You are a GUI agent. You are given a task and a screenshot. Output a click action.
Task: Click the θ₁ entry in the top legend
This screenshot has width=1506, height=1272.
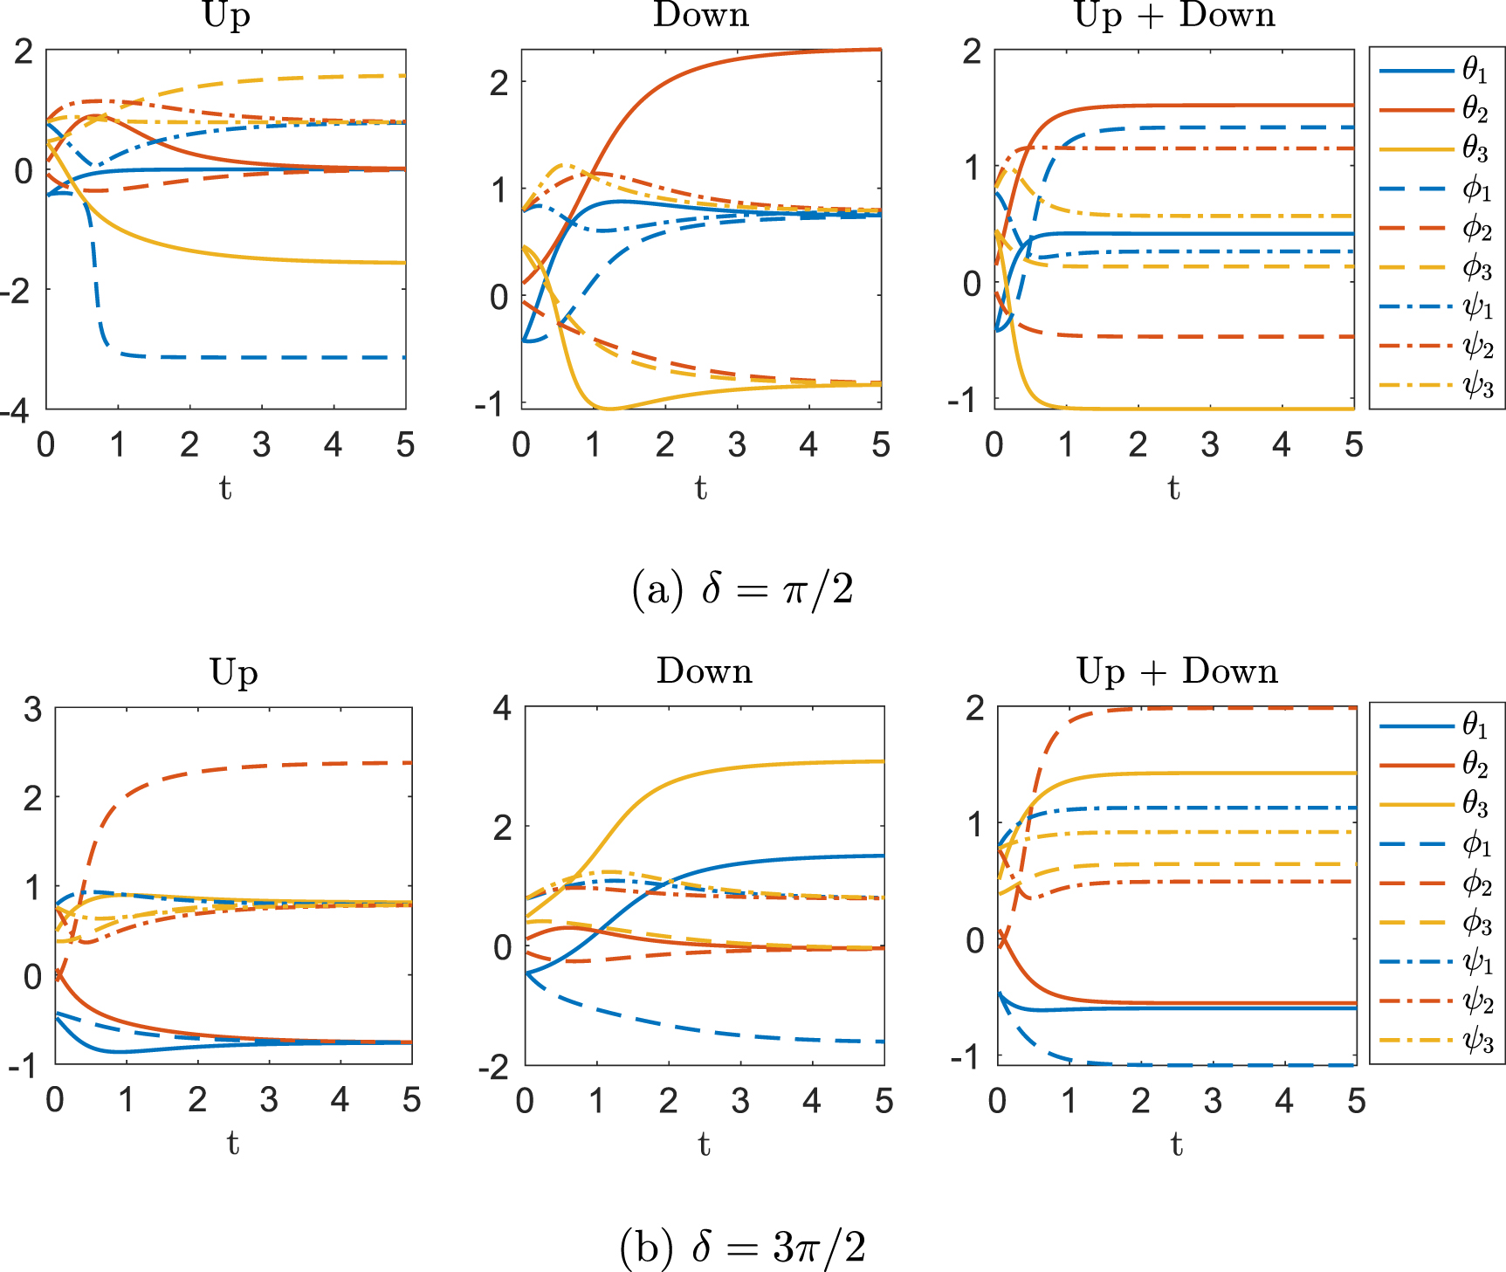point(1436,70)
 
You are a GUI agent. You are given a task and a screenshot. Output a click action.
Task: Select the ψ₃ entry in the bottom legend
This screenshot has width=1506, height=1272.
point(1436,1042)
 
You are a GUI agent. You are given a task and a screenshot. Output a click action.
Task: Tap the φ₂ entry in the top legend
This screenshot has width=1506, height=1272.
point(1436,229)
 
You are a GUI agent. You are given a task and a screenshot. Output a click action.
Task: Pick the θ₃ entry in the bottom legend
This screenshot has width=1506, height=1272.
point(1436,803)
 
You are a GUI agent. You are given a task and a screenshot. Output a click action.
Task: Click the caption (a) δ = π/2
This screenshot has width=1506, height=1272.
point(742,590)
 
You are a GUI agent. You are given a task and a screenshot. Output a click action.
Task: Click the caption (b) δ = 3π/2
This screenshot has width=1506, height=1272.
point(742,1247)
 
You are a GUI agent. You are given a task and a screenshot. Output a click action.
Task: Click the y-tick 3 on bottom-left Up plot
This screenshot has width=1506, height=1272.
point(33,710)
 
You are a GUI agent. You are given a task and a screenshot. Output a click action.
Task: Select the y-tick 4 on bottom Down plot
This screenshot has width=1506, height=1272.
point(502,708)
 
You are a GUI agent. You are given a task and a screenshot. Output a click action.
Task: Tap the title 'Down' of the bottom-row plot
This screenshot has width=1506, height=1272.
point(704,671)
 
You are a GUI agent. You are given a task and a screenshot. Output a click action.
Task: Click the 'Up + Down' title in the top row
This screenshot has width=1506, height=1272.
point(1174,16)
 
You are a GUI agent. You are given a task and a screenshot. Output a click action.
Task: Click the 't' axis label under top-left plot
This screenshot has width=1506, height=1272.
point(225,488)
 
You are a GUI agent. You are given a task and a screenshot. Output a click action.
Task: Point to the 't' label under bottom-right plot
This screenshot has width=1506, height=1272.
point(1176,1144)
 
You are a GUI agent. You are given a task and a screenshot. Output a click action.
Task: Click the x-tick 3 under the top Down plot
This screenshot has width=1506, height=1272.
point(737,445)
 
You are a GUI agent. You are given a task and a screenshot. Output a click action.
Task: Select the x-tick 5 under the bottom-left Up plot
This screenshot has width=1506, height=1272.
point(411,1100)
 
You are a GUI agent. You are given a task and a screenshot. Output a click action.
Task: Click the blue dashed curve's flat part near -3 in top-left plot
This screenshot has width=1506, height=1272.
point(262,357)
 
